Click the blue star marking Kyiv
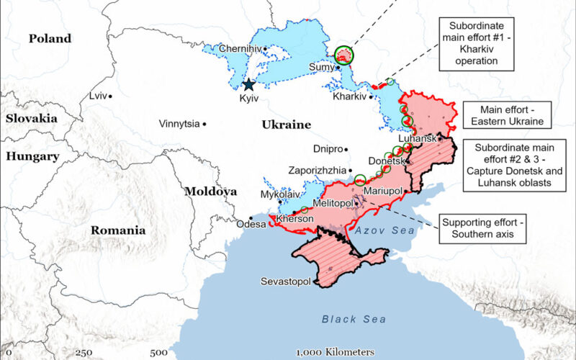point(249,84)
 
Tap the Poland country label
point(50,39)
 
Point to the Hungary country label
point(33,156)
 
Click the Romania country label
point(118,230)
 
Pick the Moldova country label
point(210,192)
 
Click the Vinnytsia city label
point(179,124)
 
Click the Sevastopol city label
point(287,281)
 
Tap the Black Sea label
point(354,319)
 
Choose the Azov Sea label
point(384,230)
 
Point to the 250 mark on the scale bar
point(84,352)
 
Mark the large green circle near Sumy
point(345,54)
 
